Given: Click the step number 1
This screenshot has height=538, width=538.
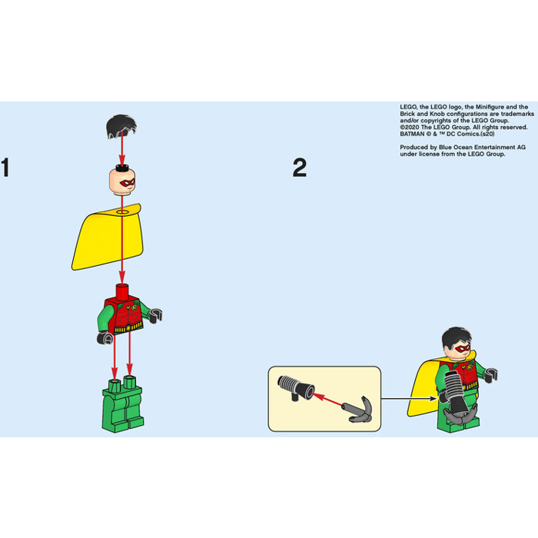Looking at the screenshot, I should (6, 168).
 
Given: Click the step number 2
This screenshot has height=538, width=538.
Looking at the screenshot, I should (299, 168).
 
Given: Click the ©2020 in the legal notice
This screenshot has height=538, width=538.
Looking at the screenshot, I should (412, 120).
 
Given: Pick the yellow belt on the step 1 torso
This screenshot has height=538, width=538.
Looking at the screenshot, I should (126, 329).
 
